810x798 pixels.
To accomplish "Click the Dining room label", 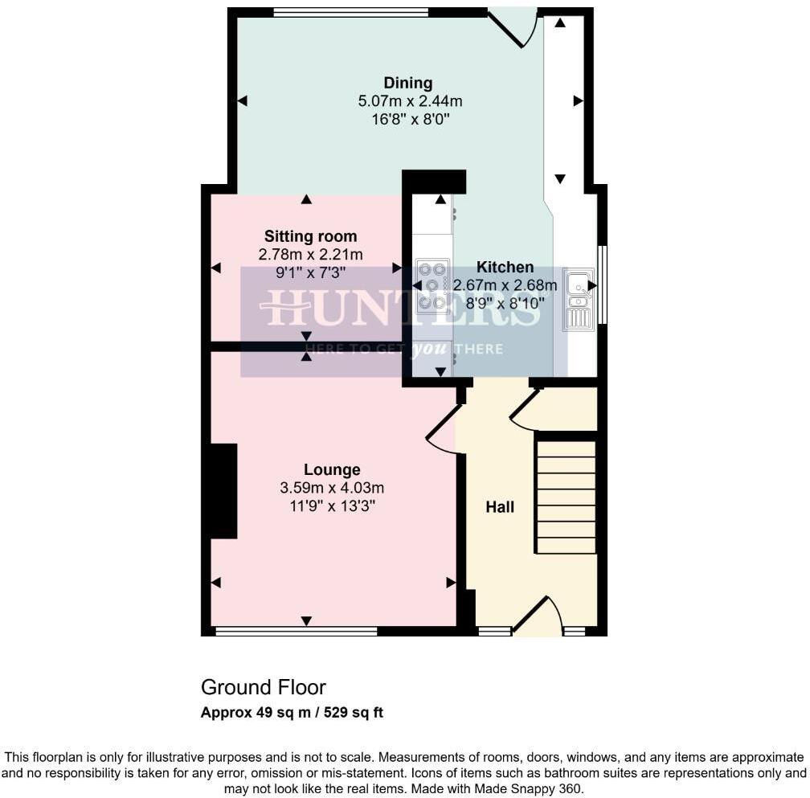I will tap(408, 83).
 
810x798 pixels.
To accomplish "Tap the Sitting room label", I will tap(310, 236).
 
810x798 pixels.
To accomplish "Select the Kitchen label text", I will tap(505, 267).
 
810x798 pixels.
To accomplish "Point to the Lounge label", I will tap(332, 469).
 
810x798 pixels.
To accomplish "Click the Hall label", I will tap(500, 507).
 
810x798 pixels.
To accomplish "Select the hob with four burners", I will tap(433, 285).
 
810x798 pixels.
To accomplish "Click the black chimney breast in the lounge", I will tap(223, 490).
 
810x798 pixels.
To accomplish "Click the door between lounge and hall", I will tap(443, 429).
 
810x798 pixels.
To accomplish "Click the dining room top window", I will tap(350, 12).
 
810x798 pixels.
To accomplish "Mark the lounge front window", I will tap(297, 632).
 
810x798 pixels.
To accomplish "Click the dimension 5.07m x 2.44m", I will tap(410, 101).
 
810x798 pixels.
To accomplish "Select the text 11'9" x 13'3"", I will tap(332, 506).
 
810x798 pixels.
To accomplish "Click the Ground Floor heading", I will tap(264, 688).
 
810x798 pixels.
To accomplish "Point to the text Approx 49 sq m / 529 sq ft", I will tap(292, 713).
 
